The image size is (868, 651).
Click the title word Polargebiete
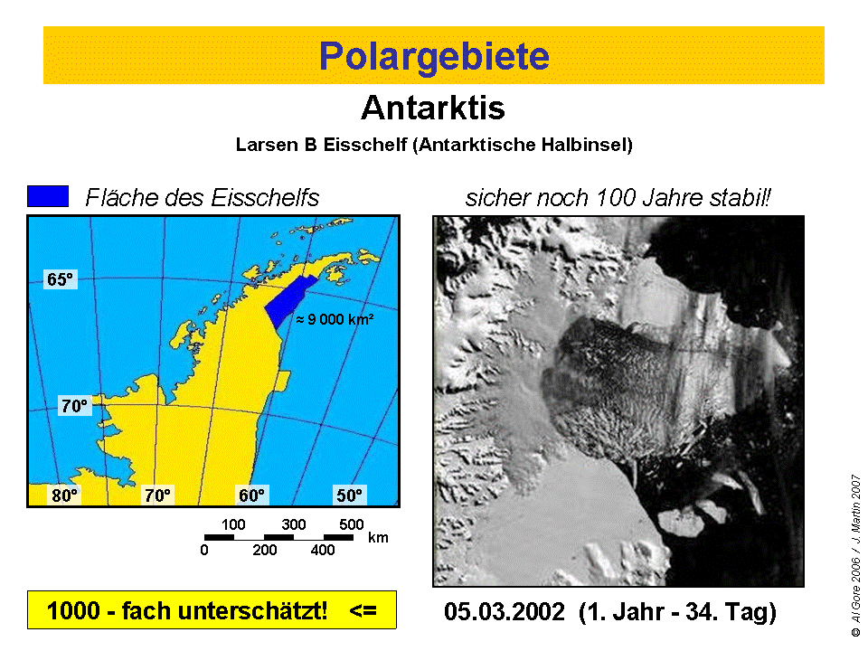point(434,56)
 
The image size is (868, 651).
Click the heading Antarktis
point(433,108)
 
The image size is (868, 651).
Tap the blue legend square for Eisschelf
point(48,196)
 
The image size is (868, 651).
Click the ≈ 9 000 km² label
point(335,319)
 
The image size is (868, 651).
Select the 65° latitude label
point(60,279)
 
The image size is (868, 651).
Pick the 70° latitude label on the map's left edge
point(75,406)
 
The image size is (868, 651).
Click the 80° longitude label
point(65,495)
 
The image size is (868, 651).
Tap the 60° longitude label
point(252,495)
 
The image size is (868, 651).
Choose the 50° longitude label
point(349,495)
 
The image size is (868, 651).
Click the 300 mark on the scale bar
point(293,524)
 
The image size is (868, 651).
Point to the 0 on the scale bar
point(204,550)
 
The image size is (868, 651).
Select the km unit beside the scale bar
point(379,537)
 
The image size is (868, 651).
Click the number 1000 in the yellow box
point(73,610)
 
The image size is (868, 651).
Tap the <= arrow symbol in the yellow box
point(363,610)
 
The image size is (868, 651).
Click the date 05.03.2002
point(505,612)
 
